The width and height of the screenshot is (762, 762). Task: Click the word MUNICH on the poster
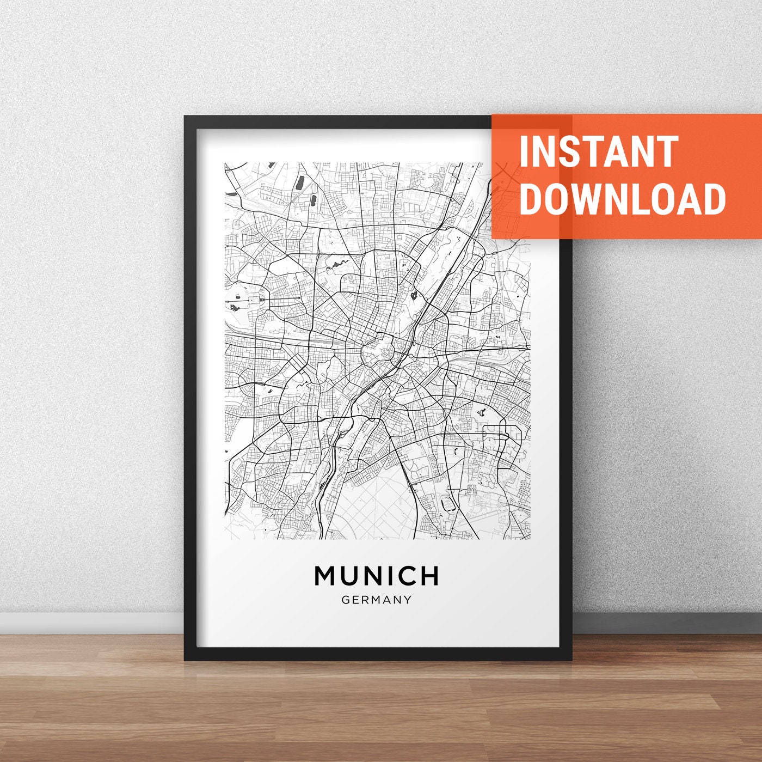(x=376, y=576)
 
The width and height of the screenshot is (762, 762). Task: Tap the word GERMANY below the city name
(x=376, y=600)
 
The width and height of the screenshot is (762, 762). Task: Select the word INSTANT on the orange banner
(x=598, y=152)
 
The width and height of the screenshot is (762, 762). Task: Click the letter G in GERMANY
(x=346, y=600)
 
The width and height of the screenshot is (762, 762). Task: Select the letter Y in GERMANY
(x=407, y=600)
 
